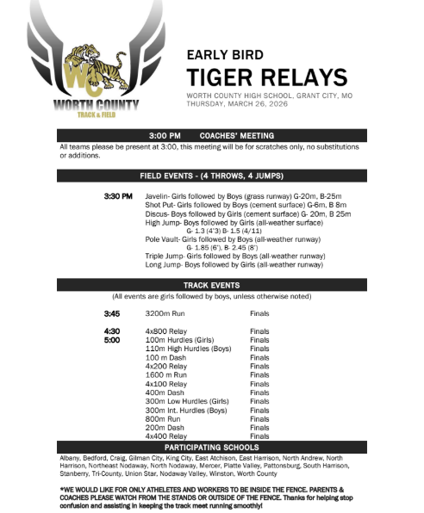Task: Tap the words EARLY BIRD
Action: click(x=226, y=53)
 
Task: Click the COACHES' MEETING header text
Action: click(x=237, y=136)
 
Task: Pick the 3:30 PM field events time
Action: click(x=118, y=197)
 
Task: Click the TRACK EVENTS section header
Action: click(x=212, y=285)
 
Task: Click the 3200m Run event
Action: click(x=164, y=314)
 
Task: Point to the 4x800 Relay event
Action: click(x=165, y=331)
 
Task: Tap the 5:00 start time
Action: click(x=112, y=339)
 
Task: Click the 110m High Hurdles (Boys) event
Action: click(x=188, y=348)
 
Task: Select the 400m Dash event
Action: click(x=163, y=392)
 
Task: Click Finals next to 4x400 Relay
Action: click(x=259, y=436)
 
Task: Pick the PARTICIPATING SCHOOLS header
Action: click(x=212, y=448)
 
